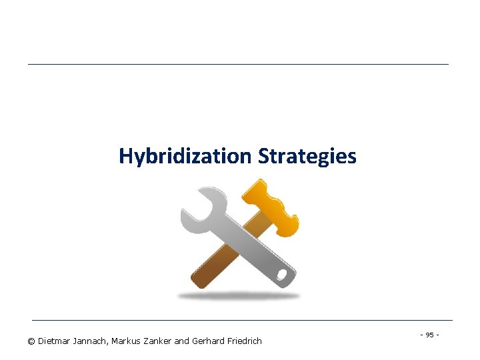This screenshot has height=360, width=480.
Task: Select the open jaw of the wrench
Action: [196, 206]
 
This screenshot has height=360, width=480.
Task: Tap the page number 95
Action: [429, 334]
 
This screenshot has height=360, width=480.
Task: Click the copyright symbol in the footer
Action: [31, 341]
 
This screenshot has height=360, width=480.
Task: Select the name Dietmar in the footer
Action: [55, 341]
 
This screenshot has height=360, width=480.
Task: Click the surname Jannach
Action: [92, 341]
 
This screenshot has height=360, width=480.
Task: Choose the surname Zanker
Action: [159, 341]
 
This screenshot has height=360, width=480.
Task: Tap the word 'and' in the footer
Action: [181, 341]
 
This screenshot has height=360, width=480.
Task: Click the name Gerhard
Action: [208, 341]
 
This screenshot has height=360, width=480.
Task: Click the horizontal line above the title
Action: [238, 64]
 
